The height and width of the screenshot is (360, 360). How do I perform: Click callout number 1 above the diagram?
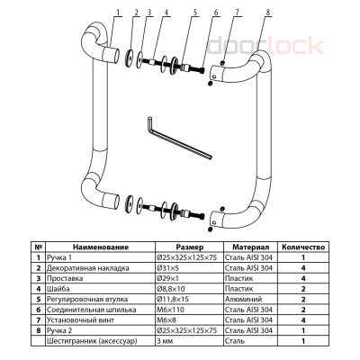(118, 13)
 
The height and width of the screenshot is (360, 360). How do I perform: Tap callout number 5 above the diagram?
(195, 13)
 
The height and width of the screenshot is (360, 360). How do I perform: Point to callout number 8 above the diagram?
(268, 13)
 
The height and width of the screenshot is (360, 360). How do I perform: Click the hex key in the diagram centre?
(180, 139)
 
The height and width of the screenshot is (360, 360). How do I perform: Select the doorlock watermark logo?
(265, 45)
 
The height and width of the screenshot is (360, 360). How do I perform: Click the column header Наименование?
(101, 247)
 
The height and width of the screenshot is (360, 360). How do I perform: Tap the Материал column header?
(251, 247)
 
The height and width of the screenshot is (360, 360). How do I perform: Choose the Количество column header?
(303, 247)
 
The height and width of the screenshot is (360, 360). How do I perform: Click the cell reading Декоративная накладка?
(88, 268)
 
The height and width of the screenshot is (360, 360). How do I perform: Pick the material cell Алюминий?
(243, 299)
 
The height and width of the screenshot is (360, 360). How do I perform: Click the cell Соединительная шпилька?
(92, 310)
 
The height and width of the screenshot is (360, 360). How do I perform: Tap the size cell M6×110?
(170, 310)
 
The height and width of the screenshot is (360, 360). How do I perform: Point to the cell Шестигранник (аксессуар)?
(92, 341)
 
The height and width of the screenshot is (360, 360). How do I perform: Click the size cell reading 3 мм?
(165, 341)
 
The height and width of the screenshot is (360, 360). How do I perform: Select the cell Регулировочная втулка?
(87, 299)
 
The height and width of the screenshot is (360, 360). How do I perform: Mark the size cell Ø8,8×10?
(171, 289)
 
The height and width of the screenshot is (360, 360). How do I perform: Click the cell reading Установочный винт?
(80, 320)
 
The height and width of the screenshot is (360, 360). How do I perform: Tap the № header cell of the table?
(38, 247)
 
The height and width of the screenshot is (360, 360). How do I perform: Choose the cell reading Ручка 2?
(59, 330)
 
